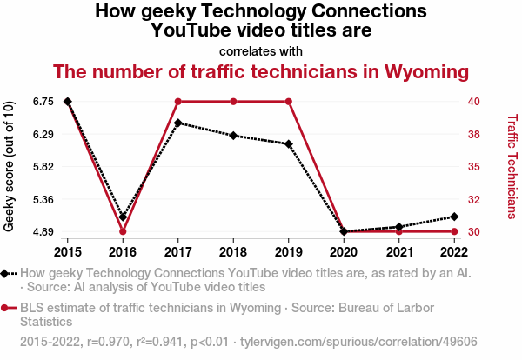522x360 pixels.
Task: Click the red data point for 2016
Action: [x=123, y=231]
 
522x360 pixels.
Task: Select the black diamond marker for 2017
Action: [x=178, y=123]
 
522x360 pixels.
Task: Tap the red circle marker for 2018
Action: [x=233, y=102]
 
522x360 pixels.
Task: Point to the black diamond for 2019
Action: [x=289, y=143]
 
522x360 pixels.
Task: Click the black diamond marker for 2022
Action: [x=454, y=217]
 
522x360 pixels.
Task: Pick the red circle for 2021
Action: [x=399, y=231]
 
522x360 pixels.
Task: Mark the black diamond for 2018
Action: [x=233, y=136]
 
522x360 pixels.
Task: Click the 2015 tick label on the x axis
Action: [x=68, y=252]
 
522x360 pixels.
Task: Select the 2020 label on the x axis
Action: [x=344, y=252]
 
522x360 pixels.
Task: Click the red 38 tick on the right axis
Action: [x=473, y=135]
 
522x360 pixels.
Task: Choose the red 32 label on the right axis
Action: [x=473, y=200]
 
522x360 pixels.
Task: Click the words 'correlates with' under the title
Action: [x=261, y=50]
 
